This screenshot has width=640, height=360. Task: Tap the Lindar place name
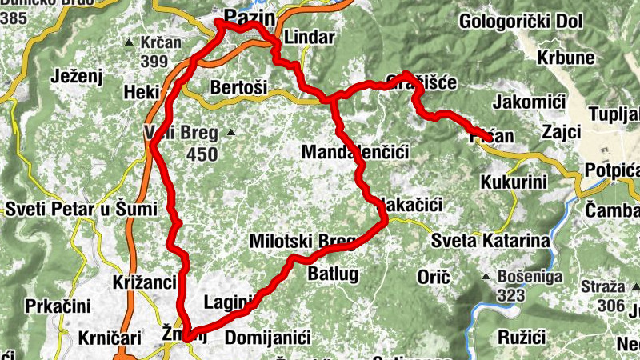pyautogui.click(x=310, y=37)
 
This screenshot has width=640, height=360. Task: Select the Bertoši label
pyautogui.click(x=237, y=86)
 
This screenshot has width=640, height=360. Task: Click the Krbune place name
pyautogui.click(x=566, y=58)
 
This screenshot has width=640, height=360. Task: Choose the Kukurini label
pyautogui.click(x=514, y=182)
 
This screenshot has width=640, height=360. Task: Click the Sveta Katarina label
pyautogui.click(x=490, y=240)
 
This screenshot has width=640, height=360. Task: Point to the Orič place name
pyautogui.click(x=434, y=277)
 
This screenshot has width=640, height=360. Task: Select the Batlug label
pyautogui.click(x=333, y=274)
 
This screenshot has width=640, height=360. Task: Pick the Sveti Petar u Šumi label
pyautogui.click(x=66, y=210)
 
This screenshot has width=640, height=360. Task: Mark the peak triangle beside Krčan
pyautogui.click(x=130, y=42)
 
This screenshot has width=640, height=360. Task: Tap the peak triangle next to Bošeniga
pyautogui.click(x=486, y=278)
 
